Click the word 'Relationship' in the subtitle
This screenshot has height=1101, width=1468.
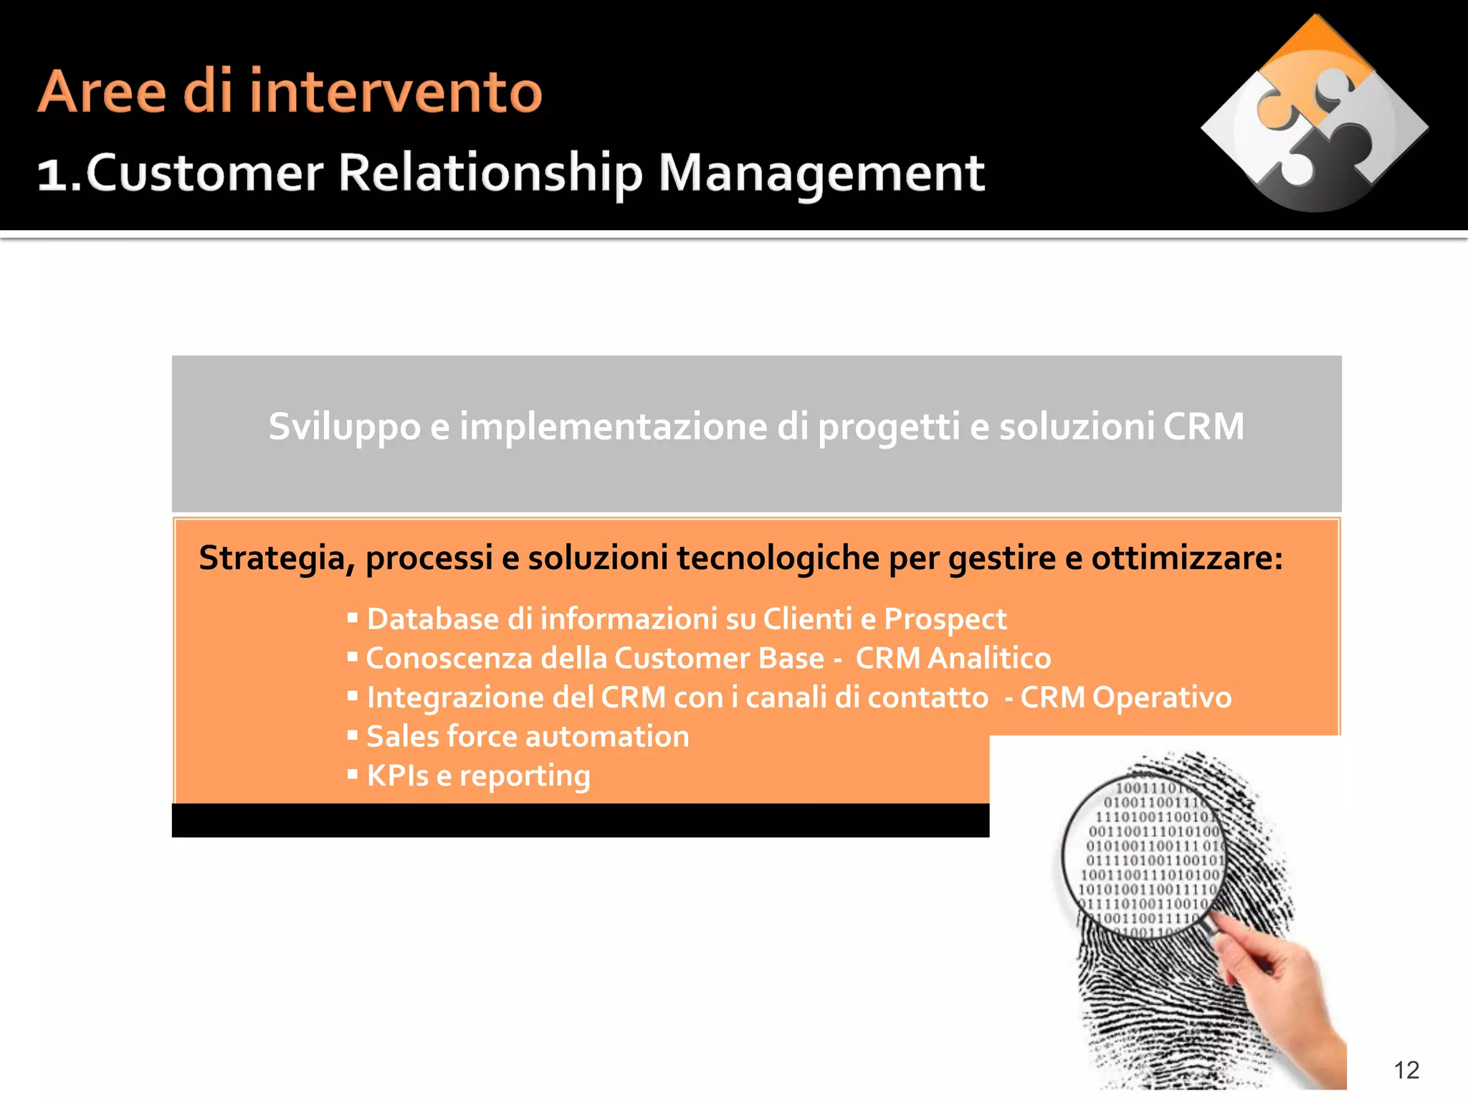point(490,173)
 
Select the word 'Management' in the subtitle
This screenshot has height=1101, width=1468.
point(821,173)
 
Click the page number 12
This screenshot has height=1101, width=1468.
point(1406,1069)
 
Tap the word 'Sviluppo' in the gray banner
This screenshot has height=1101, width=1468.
point(344,427)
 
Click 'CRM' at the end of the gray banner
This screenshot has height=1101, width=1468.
point(1204,426)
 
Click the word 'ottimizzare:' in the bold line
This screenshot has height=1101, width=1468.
point(1187,558)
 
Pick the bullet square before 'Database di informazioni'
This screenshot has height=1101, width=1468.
point(352,617)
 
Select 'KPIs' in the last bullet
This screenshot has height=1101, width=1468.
point(398,776)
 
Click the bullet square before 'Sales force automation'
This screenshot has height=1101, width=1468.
point(352,735)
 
